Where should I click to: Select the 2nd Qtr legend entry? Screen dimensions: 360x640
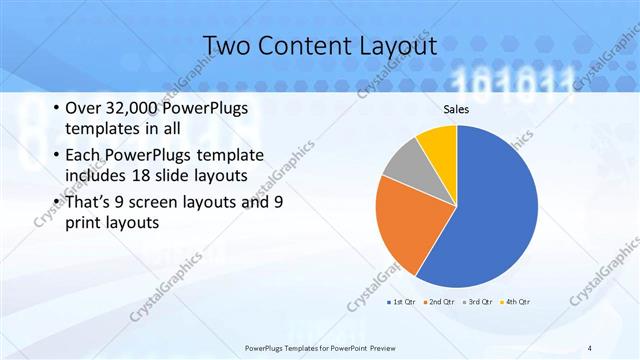pyautogui.click(x=440, y=301)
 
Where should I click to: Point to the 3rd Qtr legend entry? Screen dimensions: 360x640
pyautogui.click(x=479, y=301)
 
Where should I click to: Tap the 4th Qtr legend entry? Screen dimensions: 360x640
pyautogui.click(x=516, y=301)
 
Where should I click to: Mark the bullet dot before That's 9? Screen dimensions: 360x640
pyautogui.click(x=55, y=202)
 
